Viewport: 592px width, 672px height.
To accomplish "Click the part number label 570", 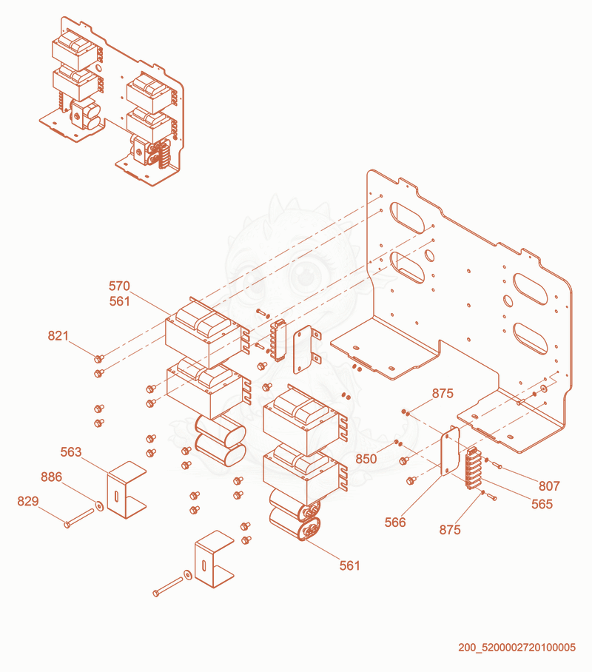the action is click(119, 286).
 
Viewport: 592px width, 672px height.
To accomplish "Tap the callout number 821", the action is click(58, 335).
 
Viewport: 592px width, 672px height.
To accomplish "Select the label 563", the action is click(71, 451).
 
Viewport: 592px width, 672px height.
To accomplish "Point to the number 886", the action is click(52, 477).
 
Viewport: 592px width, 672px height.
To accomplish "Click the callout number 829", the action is click(28, 501).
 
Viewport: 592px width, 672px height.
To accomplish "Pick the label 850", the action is click(366, 459).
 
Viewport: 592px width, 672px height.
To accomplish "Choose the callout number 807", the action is click(549, 486).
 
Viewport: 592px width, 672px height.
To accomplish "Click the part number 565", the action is click(542, 504).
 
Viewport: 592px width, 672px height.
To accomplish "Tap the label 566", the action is click(395, 523).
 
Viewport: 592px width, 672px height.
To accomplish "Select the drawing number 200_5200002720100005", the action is click(517, 647).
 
